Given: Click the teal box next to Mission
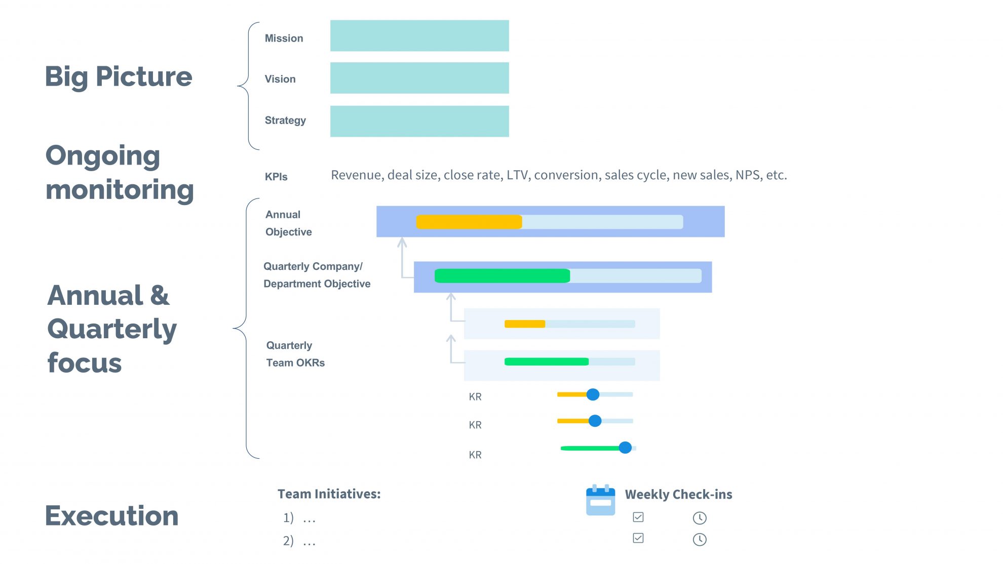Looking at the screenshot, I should pyautogui.click(x=419, y=35).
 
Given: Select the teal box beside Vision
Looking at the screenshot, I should pyautogui.click(x=419, y=78).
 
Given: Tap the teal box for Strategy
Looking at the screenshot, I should pyautogui.click(x=419, y=121).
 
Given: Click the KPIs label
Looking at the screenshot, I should pyautogui.click(x=276, y=177).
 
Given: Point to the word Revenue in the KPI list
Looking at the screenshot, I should pyautogui.click(x=357, y=175).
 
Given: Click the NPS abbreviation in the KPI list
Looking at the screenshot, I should pyautogui.click(x=748, y=175).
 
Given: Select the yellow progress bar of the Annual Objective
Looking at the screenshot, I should pyautogui.click(x=469, y=222).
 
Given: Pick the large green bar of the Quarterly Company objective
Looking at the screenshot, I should pyautogui.click(x=502, y=276).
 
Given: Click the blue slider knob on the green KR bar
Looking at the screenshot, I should pyautogui.click(x=625, y=448).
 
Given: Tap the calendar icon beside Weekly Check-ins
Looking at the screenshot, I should pyautogui.click(x=600, y=500).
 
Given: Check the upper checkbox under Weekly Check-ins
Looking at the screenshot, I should pyautogui.click(x=638, y=517).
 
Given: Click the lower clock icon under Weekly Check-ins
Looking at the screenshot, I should pyautogui.click(x=700, y=539).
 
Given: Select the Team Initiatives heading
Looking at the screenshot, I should pyautogui.click(x=329, y=494).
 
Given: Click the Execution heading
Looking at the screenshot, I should pyautogui.click(x=111, y=516).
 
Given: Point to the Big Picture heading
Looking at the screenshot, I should pyautogui.click(x=119, y=77).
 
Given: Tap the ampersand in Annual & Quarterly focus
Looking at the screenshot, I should pyautogui.click(x=160, y=295).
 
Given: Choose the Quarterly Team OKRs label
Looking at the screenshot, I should pyautogui.click(x=295, y=354).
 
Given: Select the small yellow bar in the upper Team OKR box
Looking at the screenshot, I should pyautogui.click(x=525, y=324).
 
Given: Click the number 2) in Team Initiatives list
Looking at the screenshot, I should pyautogui.click(x=288, y=541).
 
